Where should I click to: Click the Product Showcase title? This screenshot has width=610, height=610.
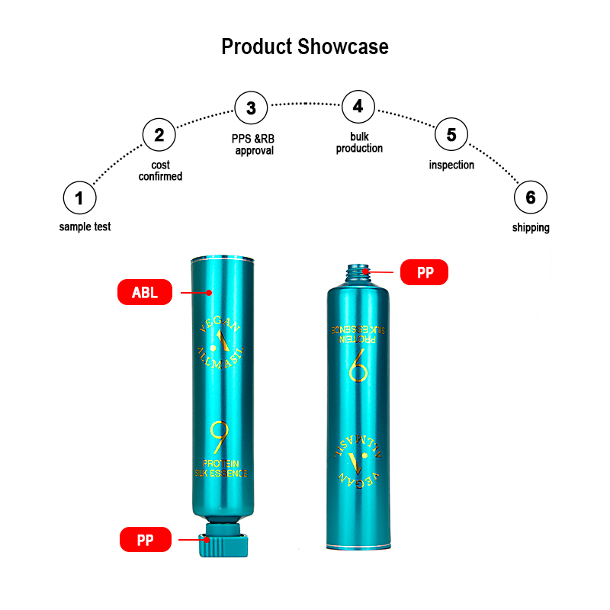[x=305, y=47]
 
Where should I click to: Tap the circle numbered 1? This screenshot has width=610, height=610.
[x=79, y=199]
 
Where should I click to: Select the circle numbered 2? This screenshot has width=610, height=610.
[x=159, y=136]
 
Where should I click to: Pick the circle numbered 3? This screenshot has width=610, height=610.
[x=251, y=108]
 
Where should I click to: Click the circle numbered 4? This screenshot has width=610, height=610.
[x=358, y=107]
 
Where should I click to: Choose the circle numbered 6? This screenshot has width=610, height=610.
[x=531, y=199]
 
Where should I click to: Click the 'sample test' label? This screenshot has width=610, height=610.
[x=85, y=226]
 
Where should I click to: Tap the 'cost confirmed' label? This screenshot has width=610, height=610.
[x=160, y=171]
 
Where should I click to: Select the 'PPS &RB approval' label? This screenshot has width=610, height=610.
[x=254, y=145]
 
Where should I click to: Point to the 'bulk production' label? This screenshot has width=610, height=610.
[x=359, y=143]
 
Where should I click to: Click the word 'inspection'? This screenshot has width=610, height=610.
[x=451, y=165]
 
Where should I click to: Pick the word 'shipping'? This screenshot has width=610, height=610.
[x=531, y=227]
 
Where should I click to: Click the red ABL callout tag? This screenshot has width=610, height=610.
[x=145, y=292]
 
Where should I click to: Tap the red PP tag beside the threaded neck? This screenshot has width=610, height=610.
[x=425, y=272]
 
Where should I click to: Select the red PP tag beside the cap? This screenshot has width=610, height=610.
[x=145, y=541]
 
